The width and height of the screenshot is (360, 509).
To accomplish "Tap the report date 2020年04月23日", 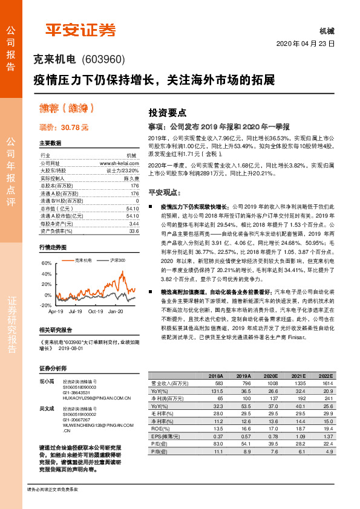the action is click(x=305, y=44).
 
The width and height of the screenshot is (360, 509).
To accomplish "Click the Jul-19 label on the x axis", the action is click(x=75, y=311).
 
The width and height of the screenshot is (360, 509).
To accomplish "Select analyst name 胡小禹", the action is click(x=47, y=381).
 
